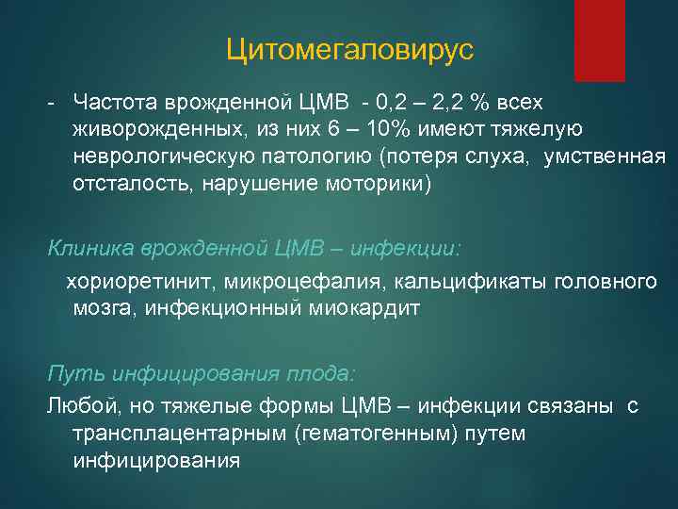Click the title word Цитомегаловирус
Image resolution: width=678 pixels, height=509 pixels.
(x=348, y=48)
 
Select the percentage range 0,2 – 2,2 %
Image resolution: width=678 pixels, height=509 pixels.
(x=437, y=101)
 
